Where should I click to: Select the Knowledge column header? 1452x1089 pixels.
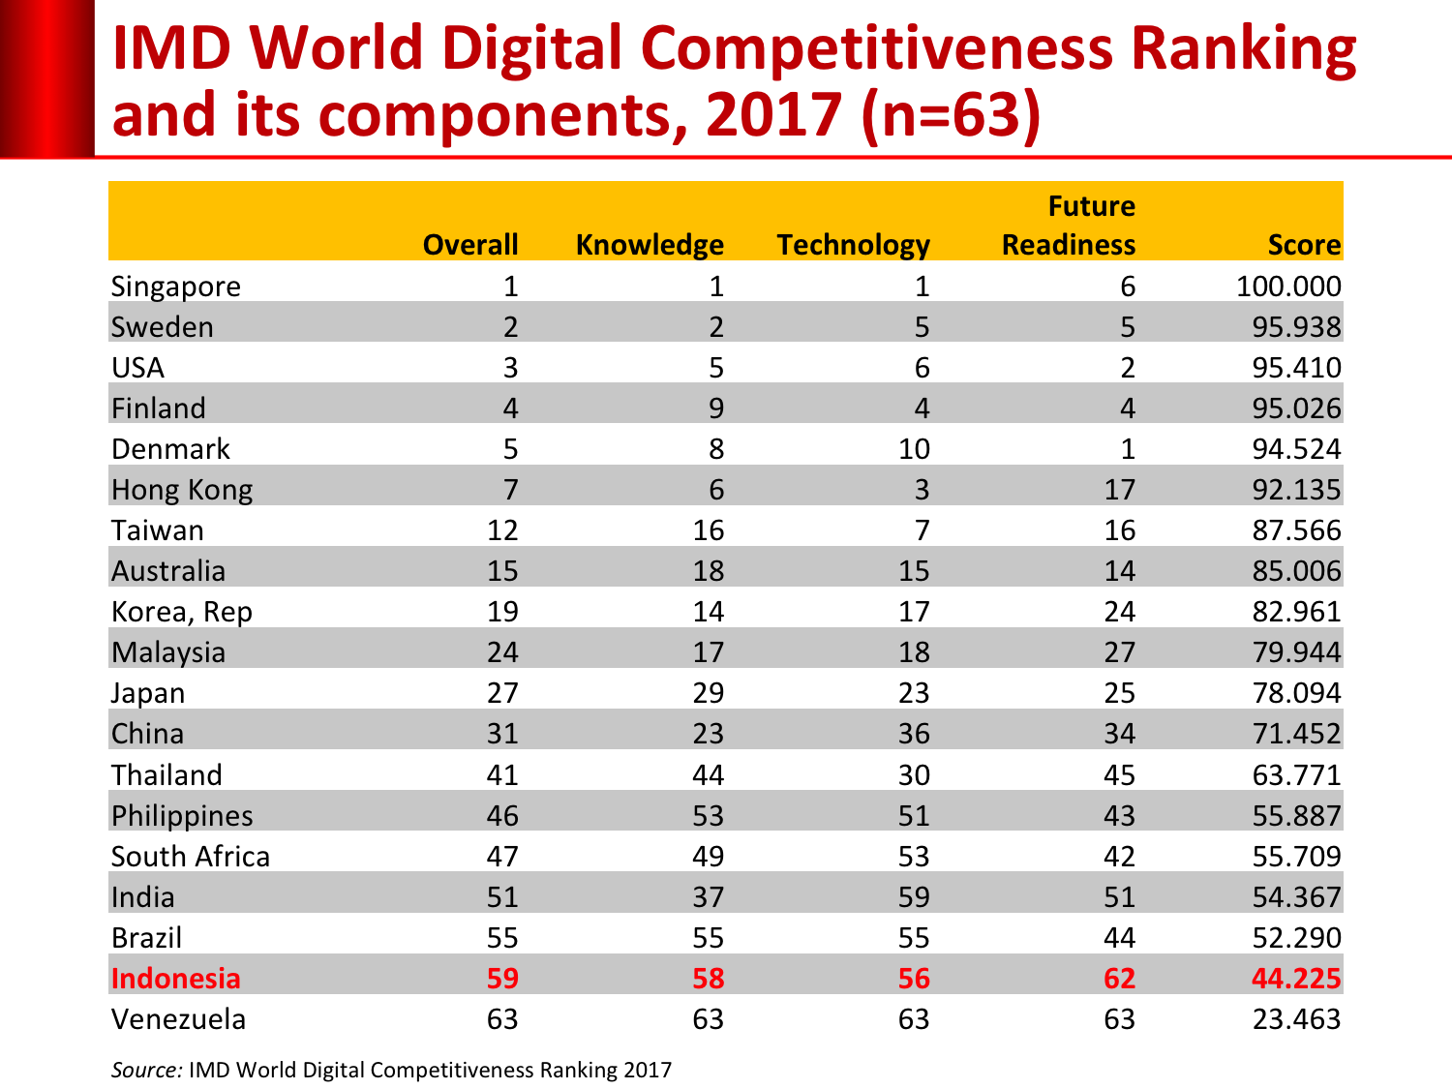click(649, 245)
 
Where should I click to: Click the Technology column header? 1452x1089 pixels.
click(853, 245)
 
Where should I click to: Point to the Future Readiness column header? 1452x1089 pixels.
click(1069, 226)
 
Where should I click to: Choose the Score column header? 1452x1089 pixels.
click(1304, 245)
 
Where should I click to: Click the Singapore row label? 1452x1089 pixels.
click(175, 287)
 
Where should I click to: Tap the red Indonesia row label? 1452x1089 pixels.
click(175, 979)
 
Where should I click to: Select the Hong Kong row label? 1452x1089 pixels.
click(182, 490)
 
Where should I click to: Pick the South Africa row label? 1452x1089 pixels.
click(190, 857)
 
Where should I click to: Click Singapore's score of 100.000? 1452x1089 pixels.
click(1288, 287)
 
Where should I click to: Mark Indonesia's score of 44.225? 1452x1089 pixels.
click(1296, 979)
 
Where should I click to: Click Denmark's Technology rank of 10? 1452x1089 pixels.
click(914, 449)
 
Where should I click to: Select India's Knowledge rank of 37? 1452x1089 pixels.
click(708, 897)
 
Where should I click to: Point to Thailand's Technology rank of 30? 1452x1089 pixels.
click(914, 775)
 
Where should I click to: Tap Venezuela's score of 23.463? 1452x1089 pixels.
click(1296, 1019)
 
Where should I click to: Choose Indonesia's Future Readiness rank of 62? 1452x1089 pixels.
click(1119, 979)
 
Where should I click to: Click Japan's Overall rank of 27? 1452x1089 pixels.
click(502, 693)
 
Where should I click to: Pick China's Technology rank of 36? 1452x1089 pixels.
click(914, 734)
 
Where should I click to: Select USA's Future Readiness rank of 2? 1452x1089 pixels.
click(1128, 368)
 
